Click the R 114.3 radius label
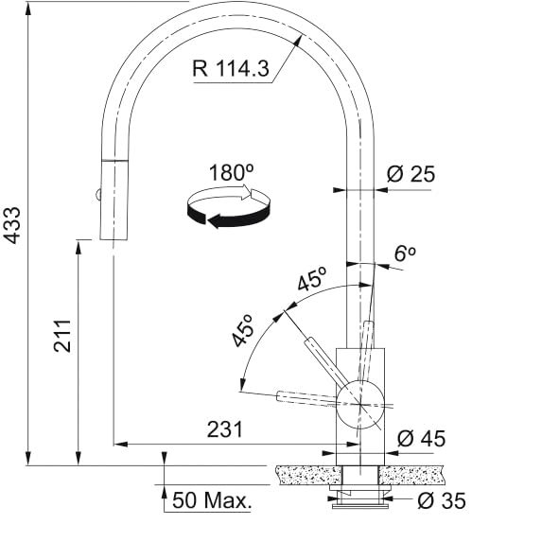point(231,68)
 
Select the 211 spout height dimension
point(62,336)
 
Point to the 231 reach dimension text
point(224,429)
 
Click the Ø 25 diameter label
point(411,174)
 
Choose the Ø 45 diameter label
point(421,438)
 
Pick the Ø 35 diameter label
point(442,500)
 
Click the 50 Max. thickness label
point(212,499)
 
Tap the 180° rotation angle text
point(231,172)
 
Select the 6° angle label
point(405,253)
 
